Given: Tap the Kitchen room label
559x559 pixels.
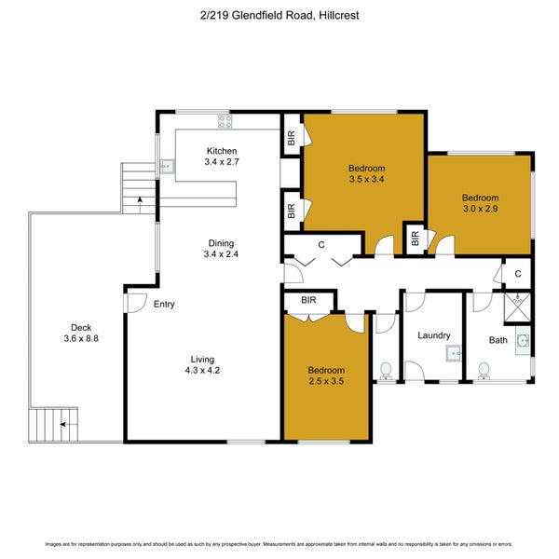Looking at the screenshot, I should click(x=222, y=151).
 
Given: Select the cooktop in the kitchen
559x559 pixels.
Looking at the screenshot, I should click(x=225, y=119).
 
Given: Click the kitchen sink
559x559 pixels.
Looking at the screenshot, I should click(x=165, y=168).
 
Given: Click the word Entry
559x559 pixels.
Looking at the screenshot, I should click(x=164, y=304).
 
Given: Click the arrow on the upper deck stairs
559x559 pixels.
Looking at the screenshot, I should click(x=139, y=198).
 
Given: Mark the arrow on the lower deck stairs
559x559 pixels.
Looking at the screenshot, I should click(x=63, y=424).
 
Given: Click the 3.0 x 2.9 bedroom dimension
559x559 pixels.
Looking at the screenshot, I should click(x=481, y=210).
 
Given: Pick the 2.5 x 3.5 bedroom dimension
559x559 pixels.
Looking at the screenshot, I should click(x=326, y=382).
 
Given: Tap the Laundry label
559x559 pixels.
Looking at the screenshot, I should click(x=434, y=335).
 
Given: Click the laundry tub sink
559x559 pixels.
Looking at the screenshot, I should click(x=454, y=353).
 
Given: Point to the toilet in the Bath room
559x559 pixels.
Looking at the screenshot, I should click(x=484, y=370).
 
